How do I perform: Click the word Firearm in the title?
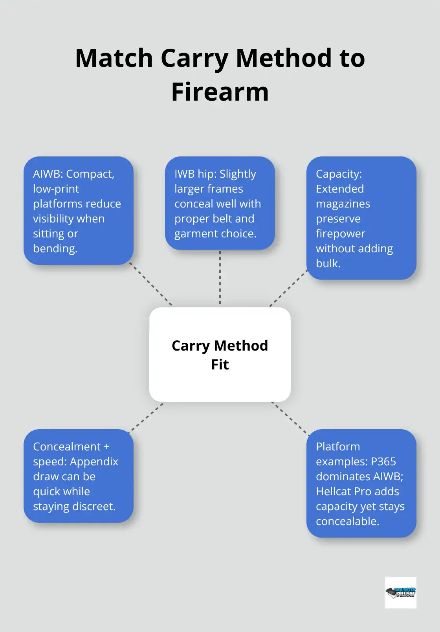(x=220, y=92)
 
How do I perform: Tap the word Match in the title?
(x=114, y=58)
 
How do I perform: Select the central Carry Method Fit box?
(x=220, y=354)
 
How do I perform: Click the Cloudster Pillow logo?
(x=400, y=592)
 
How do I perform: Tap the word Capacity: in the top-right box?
(x=339, y=174)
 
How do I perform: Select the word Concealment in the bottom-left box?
(x=67, y=446)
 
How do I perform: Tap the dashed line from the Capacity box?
(x=289, y=288)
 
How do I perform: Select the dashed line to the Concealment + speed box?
(x=147, y=417)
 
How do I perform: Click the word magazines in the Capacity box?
(x=343, y=204)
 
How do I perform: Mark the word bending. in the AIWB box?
(x=55, y=248)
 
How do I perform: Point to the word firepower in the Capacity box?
(x=341, y=233)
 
